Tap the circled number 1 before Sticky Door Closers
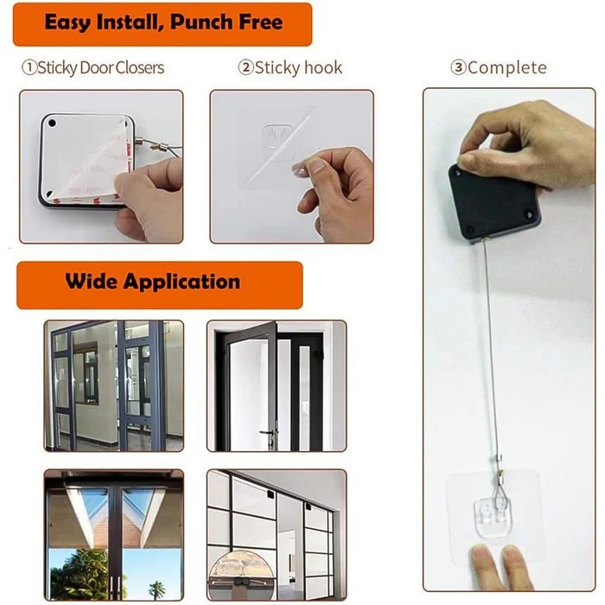[x=29, y=67]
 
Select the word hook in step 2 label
[x=323, y=67]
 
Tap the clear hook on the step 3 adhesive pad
[x=494, y=510]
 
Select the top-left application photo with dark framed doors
[x=114, y=385]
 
